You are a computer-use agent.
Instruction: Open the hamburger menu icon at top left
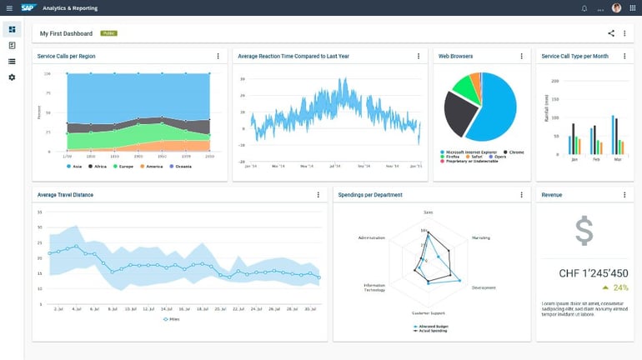click(9, 8)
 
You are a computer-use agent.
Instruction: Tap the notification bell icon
click(584, 8)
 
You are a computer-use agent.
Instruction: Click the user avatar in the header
click(616, 8)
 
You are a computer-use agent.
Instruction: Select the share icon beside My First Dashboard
click(611, 33)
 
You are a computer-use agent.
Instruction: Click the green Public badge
click(108, 33)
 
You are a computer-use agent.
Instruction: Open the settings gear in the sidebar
click(12, 77)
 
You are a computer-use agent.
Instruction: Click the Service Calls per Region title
click(66, 57)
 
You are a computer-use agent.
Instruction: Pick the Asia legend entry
click(75, 167)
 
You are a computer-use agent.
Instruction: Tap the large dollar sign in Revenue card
click(584, 231)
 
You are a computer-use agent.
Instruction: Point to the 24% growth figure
click(619, 287)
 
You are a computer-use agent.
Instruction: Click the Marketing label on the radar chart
click(481, 237)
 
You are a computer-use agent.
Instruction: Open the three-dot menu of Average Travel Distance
click(318, 195)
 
